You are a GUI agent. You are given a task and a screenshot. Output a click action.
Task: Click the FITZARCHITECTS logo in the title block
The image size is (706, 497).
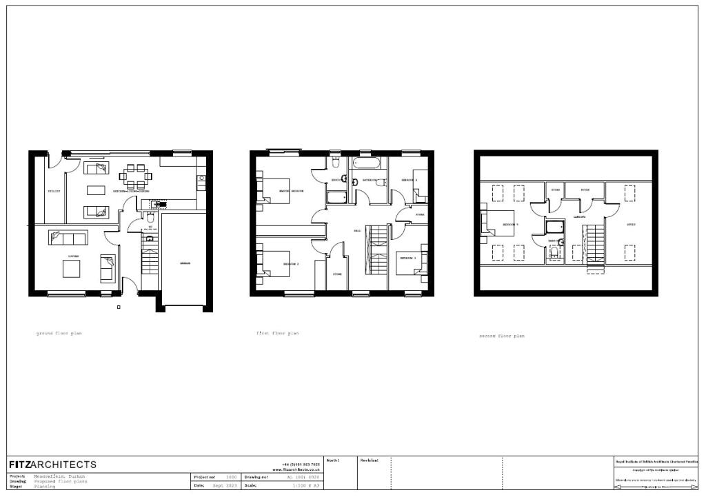[52, 465]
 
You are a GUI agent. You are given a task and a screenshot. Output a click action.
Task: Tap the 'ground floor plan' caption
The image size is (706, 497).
[59, 333]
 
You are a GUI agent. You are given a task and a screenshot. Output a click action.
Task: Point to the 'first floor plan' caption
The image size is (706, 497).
[278, 333]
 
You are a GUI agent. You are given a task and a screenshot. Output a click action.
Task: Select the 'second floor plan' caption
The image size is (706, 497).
[502, 336]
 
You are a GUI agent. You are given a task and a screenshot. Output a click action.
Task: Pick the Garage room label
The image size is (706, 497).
[185, 263]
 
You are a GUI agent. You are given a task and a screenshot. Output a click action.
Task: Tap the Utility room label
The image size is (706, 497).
[54, 190]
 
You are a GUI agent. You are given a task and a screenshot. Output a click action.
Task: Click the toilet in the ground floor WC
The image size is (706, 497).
[150, 216]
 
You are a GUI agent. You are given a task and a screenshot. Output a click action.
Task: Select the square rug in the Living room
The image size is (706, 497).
[72, 268]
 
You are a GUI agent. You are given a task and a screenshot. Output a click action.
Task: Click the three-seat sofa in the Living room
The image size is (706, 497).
[68, 238]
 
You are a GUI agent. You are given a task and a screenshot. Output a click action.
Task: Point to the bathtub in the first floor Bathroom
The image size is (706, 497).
[370, 164]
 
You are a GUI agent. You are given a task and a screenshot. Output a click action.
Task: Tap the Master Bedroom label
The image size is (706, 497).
[292, 190]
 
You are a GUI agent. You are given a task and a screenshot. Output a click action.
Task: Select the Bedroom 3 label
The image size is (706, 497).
[407, 258]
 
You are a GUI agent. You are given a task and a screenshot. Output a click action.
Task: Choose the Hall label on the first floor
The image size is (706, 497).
[357, 230]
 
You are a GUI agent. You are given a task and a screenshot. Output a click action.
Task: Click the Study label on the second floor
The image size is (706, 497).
[630, 225]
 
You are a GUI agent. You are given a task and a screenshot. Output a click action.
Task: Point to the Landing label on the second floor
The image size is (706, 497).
[579, 216]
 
